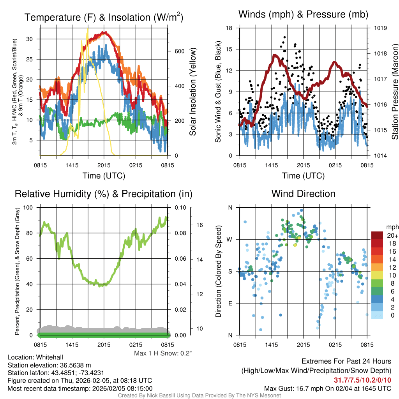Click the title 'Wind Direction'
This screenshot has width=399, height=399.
(303, 194)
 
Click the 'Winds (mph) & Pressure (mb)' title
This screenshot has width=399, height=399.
(303, 15)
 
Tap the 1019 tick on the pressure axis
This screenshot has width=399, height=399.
(380, 28)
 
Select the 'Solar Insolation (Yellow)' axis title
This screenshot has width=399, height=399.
(193, 92)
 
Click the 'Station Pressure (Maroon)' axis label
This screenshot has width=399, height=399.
(394, 92)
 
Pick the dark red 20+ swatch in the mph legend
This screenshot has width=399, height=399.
(378, 235)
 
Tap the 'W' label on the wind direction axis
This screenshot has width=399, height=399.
(230, 239)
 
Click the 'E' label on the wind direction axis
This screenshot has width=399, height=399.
(230, 303)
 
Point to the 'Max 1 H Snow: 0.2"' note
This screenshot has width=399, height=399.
(163, 353)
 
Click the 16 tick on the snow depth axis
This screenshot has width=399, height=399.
(200, 225)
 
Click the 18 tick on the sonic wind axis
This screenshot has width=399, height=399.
(229, 28)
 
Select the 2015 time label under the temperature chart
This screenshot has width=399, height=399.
(104, 165)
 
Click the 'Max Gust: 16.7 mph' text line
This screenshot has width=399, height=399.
(327, 388)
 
